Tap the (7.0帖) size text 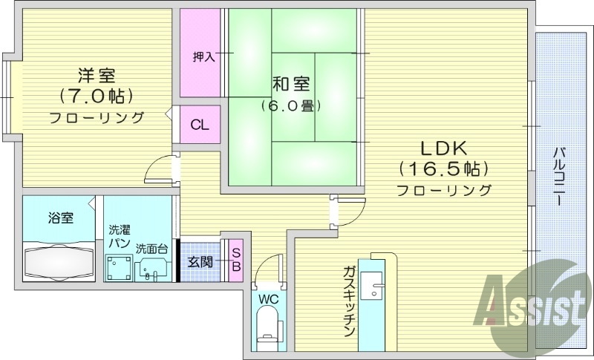point(97,96)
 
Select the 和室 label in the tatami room point(290,84)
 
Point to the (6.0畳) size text point(290,105)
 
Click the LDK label point(443,145)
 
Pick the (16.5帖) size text point(443,167)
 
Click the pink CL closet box point(200,125)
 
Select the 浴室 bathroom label point(61,218)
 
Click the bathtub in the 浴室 point(60,262)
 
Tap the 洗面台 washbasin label point(151,248)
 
